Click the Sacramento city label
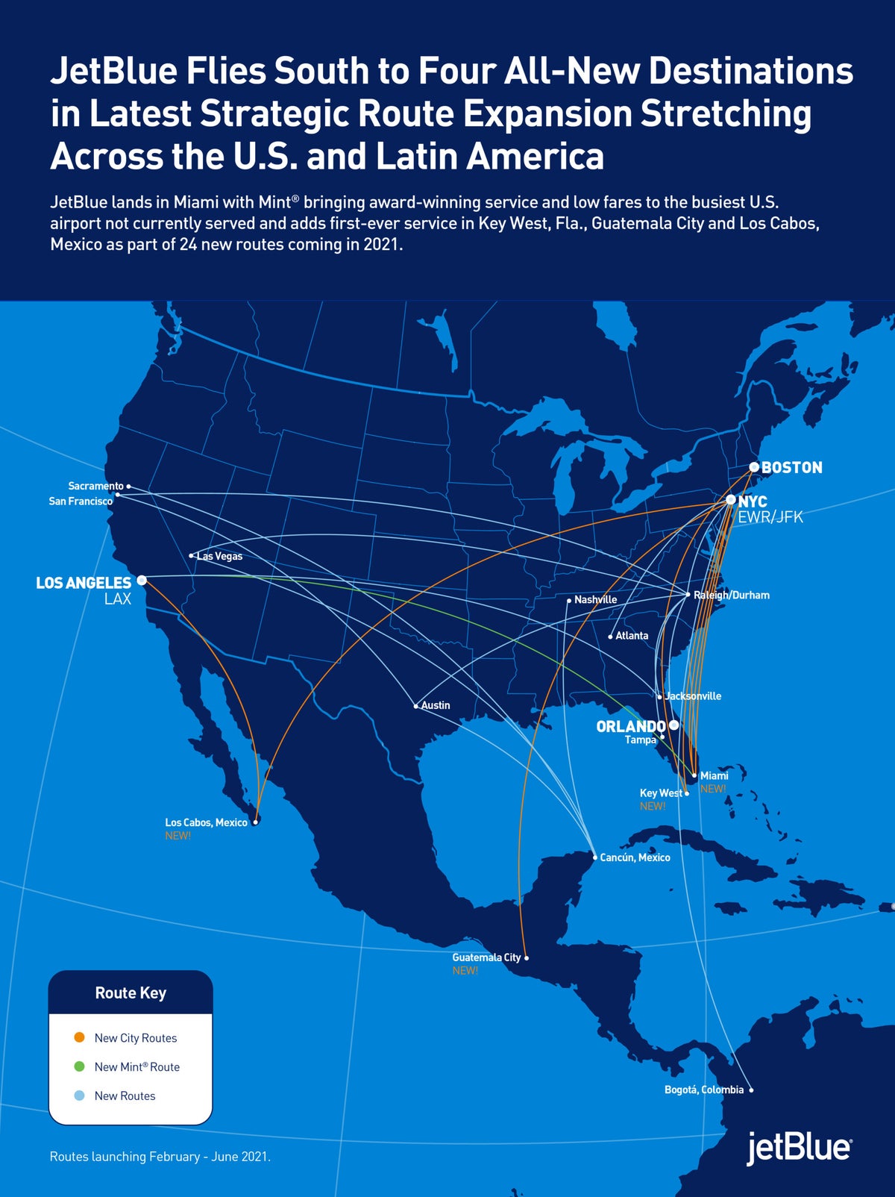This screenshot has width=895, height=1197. tap(95, 486)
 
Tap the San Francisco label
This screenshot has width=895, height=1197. tap(81, 501)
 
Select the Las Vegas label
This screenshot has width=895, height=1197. tap(220, 557)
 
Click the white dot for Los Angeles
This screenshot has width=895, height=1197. tap(142, 580)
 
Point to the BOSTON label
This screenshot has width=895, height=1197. tap(791, 468)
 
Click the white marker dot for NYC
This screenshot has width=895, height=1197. tap(731, 499)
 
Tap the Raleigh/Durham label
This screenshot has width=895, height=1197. tap(732, 596)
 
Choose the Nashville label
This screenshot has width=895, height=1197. tap(595, 600)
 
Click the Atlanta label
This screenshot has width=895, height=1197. tap(632, 636)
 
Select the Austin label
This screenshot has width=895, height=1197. tap(436, 705)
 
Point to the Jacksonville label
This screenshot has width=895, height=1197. tap(693, 696)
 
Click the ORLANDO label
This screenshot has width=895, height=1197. tap(631, 726)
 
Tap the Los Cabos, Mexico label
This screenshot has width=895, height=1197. tap(206, 822)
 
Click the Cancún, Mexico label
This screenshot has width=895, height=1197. tap(635, 857)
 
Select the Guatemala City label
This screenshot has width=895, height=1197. tap(486, 957)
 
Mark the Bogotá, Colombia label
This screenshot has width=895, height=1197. tap(704, 1090)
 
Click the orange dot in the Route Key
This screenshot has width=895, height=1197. tap(80, 1037)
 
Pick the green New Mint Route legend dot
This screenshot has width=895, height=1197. tap(80, 1066)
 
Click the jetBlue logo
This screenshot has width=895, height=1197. tap(799, 1148)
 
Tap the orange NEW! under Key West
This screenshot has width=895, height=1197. tap(653, 806)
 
